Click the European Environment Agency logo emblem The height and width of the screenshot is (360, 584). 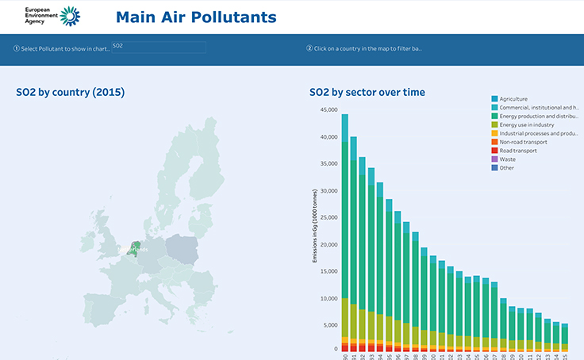tap(70, 16)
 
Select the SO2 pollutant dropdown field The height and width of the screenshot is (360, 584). tap(158, 47)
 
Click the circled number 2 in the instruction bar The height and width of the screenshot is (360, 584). tap(309, 48)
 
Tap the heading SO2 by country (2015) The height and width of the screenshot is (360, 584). tap(70, 93)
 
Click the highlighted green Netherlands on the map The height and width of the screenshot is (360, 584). tap(136, 249)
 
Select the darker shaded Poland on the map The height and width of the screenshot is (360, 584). tap(182, 249)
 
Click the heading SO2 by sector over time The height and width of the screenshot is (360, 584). tap(367, 93)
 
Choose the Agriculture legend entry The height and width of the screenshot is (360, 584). tap(513, 99)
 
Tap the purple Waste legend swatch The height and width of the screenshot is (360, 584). tap(495, 159)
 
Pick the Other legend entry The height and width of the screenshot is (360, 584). tap(506, 168)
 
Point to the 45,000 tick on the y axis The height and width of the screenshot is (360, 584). tap(328, 109)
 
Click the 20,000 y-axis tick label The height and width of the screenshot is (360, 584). tap(328, 245)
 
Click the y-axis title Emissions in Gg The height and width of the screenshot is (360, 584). tap(315, 226)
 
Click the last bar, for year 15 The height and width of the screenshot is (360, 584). tap(564, 335)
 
